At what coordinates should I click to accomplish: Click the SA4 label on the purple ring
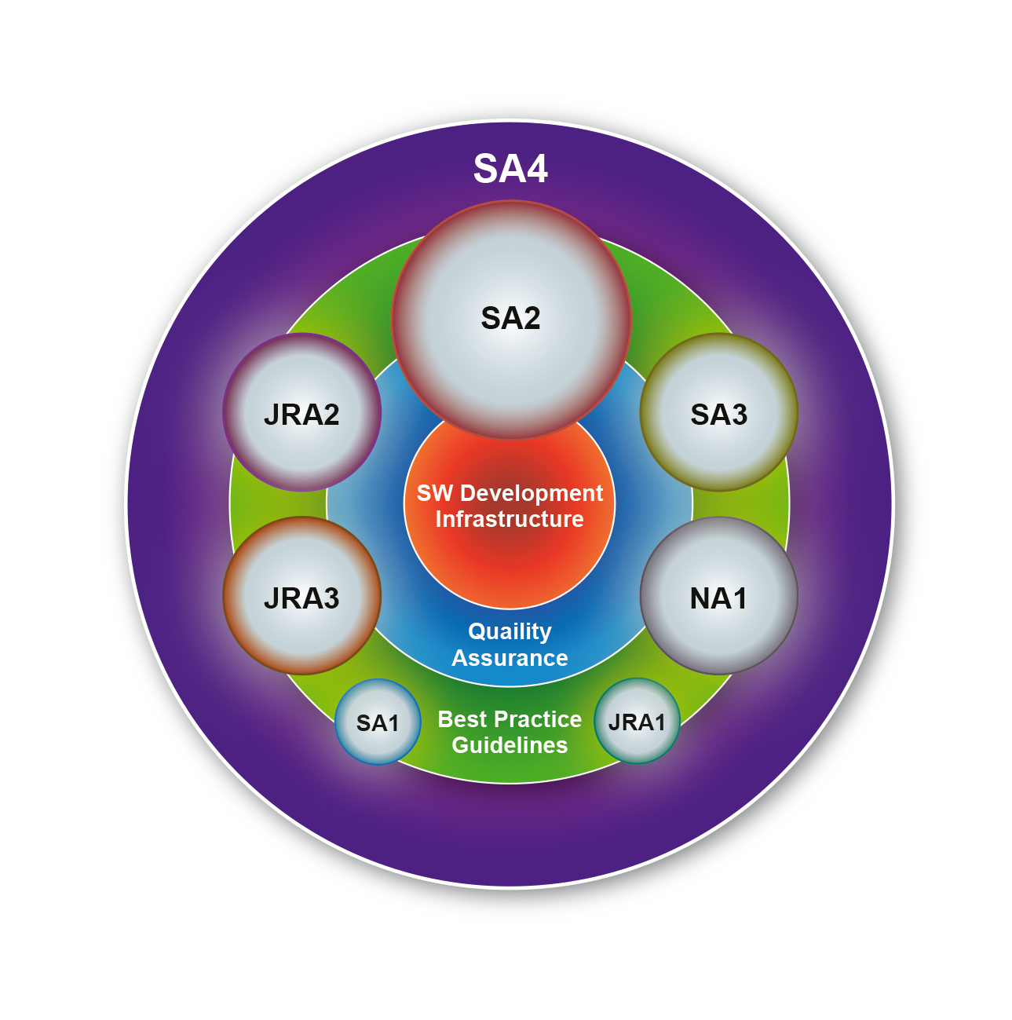click(x=510, y=169)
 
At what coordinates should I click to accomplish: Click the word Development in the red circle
click(x=532, y=493)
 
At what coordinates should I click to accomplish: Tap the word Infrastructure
click(x=510, y=519)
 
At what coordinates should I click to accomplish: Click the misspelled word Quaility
click(x=510, y=631)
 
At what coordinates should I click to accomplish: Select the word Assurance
click(x=510, y=658)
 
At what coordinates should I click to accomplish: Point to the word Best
click(x=460, y=719)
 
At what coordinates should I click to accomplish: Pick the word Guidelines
click(x=510, y=745)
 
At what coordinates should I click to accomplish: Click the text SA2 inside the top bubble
click(x=511, y=318)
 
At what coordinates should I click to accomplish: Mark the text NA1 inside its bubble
click(x=718, y=598)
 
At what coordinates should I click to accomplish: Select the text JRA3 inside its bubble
click(x=302, y=598)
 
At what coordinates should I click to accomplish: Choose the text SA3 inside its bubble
click(x=718, y=414)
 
